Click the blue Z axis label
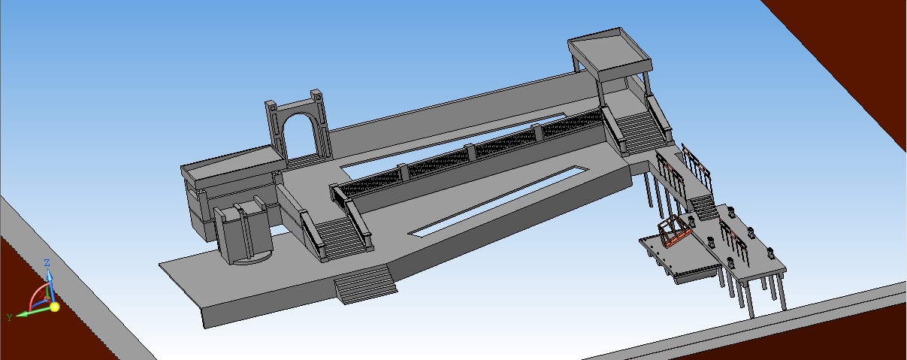coord(47,263)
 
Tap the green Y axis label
coord(9,316)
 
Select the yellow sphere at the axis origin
coord(54,307)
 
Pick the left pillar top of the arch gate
coord(271,104)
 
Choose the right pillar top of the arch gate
coord(316,93)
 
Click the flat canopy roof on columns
coord(609,53)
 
